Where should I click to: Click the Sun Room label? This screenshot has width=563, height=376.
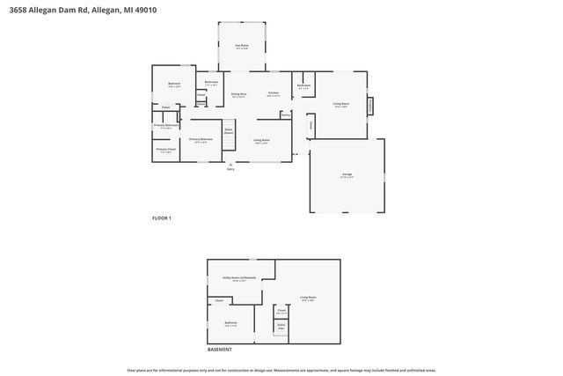240,45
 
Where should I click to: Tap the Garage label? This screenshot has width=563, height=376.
347,174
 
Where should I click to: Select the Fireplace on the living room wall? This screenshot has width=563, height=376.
370,104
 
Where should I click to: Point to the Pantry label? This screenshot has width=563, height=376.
286,114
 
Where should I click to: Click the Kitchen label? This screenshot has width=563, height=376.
274,93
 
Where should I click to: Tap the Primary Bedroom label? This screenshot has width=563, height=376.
201,139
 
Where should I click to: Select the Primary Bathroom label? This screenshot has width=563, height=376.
166,125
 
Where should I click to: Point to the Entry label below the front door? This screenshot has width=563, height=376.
230,168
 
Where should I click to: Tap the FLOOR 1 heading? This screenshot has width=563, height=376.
161,217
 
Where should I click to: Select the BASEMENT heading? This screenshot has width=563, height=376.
220,350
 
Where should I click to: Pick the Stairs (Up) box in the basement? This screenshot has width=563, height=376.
281,327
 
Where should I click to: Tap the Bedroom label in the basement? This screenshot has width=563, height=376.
230,322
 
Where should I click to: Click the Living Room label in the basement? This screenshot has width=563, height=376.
307,297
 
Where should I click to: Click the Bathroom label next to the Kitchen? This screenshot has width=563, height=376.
303,85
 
